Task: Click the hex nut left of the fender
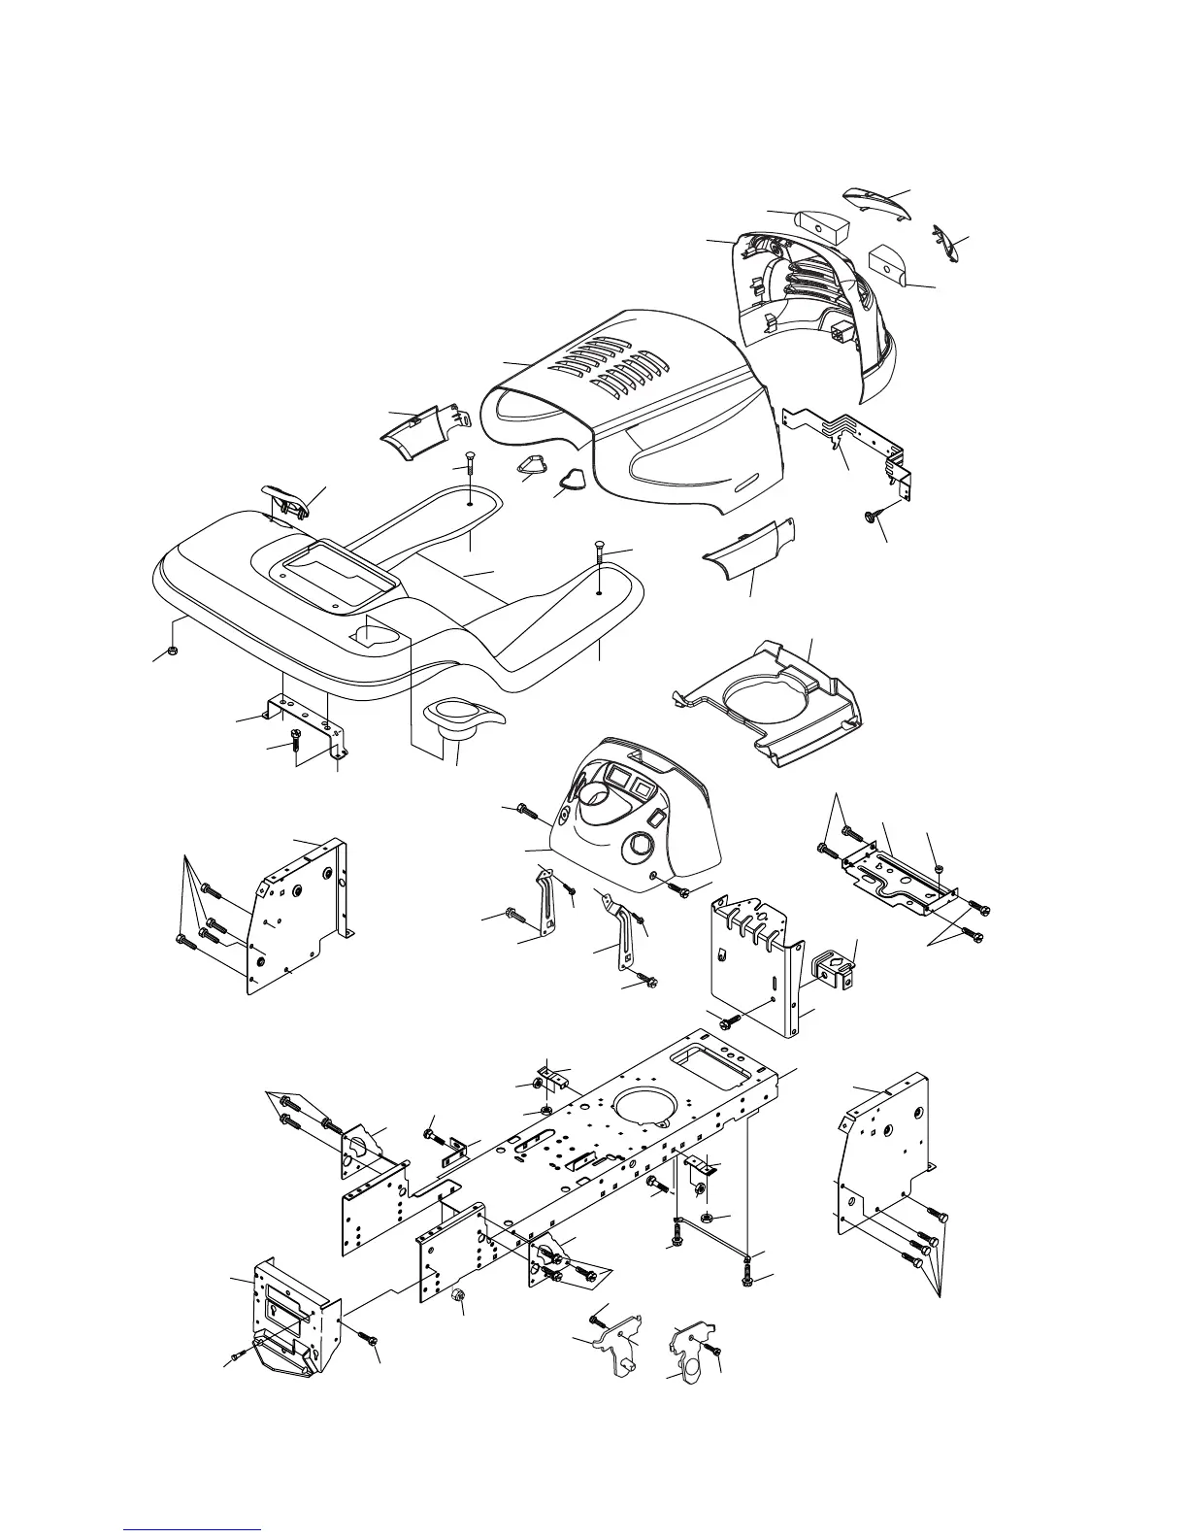click(171, 650)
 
